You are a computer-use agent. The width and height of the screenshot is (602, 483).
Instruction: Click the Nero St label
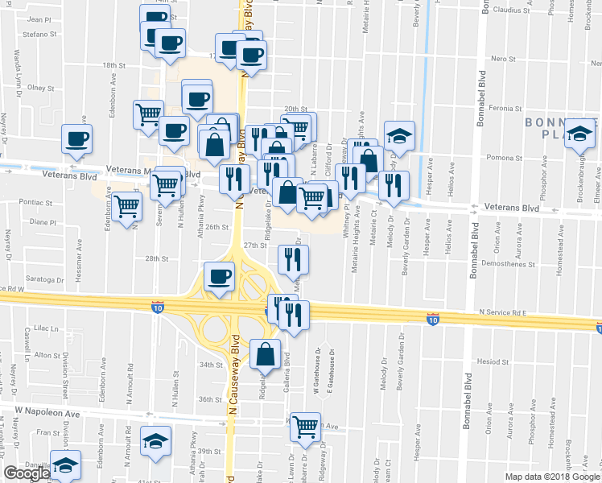pyautogui.click(x=502, y=60)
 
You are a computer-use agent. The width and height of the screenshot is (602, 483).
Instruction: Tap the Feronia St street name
pyautogui.click(x=507, y=108)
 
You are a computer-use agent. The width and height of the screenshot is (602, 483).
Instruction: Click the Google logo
pyautogui.click(x=27, y=474)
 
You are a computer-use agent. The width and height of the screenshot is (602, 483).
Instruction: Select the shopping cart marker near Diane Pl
pyautogui.click(x=126, y=208)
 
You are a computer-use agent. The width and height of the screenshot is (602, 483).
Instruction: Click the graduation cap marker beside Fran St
pyautogui.click(x=155, y=440)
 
